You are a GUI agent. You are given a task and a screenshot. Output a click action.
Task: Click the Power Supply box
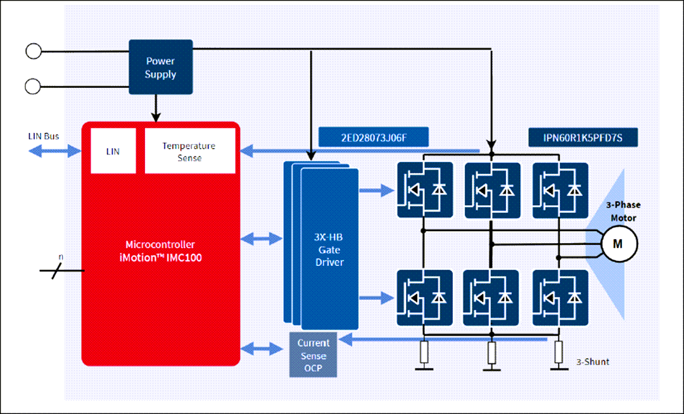pos(160,67)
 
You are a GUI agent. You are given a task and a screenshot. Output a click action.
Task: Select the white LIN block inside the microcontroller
pos(113,151)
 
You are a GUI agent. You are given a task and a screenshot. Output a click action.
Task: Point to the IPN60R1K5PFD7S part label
pos(581,137)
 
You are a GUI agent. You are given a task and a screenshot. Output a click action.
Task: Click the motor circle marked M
pos(619,243)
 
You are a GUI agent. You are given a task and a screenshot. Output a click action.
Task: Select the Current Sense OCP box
pos(313,354)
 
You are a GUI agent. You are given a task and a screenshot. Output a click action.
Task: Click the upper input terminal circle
pos(33,50)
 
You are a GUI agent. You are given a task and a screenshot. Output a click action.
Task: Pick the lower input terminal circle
pos(33,84)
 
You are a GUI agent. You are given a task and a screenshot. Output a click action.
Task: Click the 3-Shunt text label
pos(592,362)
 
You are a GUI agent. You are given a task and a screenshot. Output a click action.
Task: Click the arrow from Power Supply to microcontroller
pos(155,107)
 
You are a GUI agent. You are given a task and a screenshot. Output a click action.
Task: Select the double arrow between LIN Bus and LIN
pos(54,151)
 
